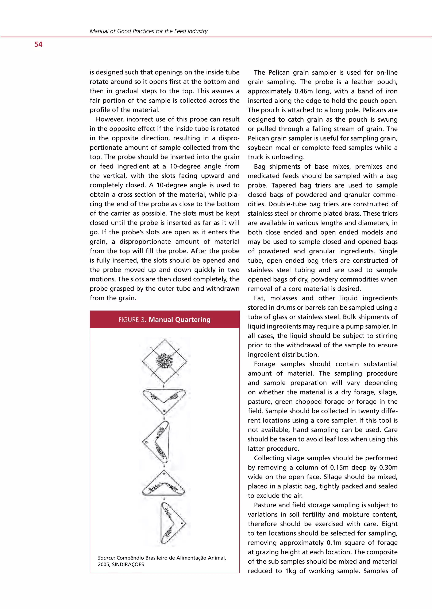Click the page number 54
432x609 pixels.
click(x=38, y=44)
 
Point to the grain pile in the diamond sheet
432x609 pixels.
click(x=164, y=361)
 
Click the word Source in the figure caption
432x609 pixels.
click(x=106, y=558)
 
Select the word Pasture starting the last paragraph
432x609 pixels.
click(x=266, y=505)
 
